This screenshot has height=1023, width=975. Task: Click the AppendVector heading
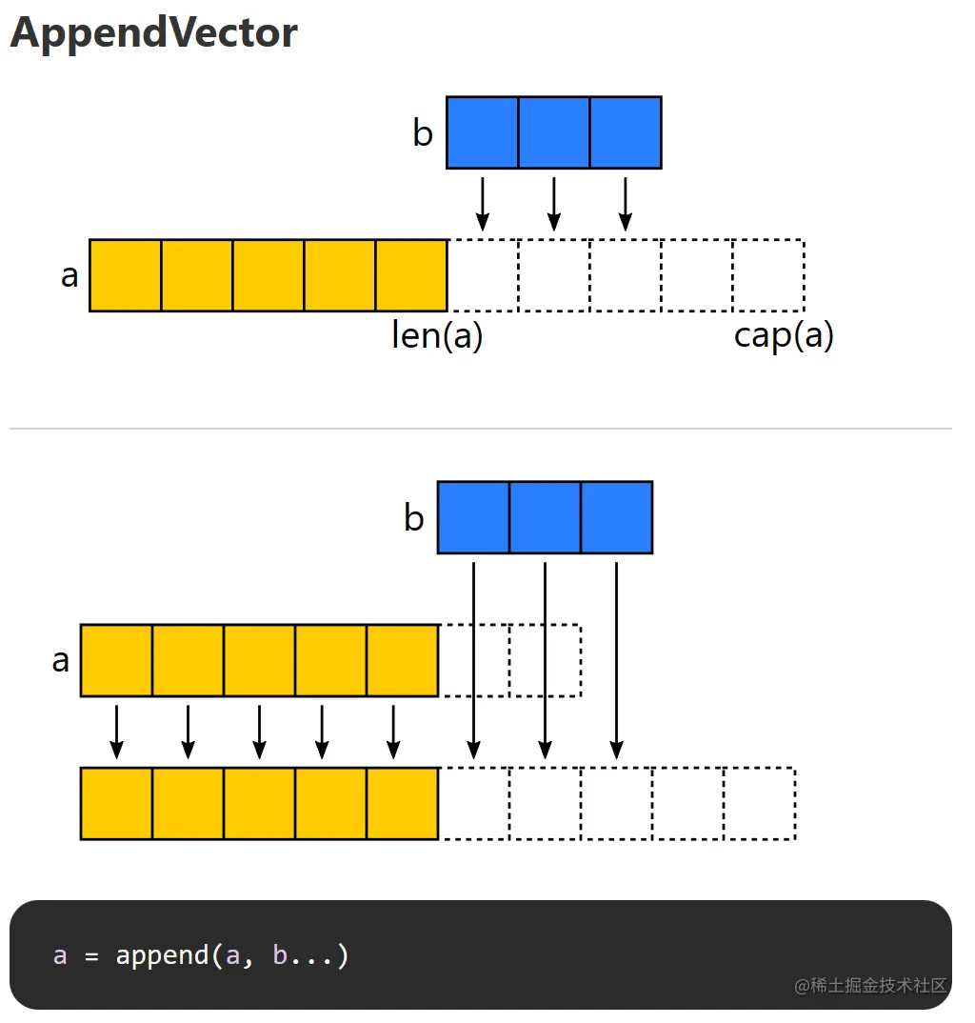(153, 33)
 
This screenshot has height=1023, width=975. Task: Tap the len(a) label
(437, 335)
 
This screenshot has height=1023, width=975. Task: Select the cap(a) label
(784, 335)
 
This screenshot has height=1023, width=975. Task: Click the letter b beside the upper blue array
(422, 134)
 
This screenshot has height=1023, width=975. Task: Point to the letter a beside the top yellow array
(70, 276)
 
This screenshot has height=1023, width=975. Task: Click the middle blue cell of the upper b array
(553, 132)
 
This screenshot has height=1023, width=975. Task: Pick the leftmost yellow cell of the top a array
(125, 275)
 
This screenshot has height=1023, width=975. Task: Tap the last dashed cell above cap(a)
(768, 275)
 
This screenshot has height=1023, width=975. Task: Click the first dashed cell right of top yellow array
(483, 275)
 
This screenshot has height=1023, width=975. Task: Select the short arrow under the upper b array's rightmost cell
(625, 203)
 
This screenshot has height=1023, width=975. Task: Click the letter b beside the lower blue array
(413, 519)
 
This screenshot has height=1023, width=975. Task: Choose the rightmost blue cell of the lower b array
(616, 517)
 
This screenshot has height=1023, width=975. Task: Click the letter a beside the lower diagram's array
(61, 660)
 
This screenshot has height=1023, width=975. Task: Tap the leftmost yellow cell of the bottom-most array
(116, 803)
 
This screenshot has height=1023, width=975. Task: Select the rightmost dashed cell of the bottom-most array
(759, 803)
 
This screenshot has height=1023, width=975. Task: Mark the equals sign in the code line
(91, 955)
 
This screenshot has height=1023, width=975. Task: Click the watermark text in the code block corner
(870, 985)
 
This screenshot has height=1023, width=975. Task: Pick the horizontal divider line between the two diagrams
(481, 429)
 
